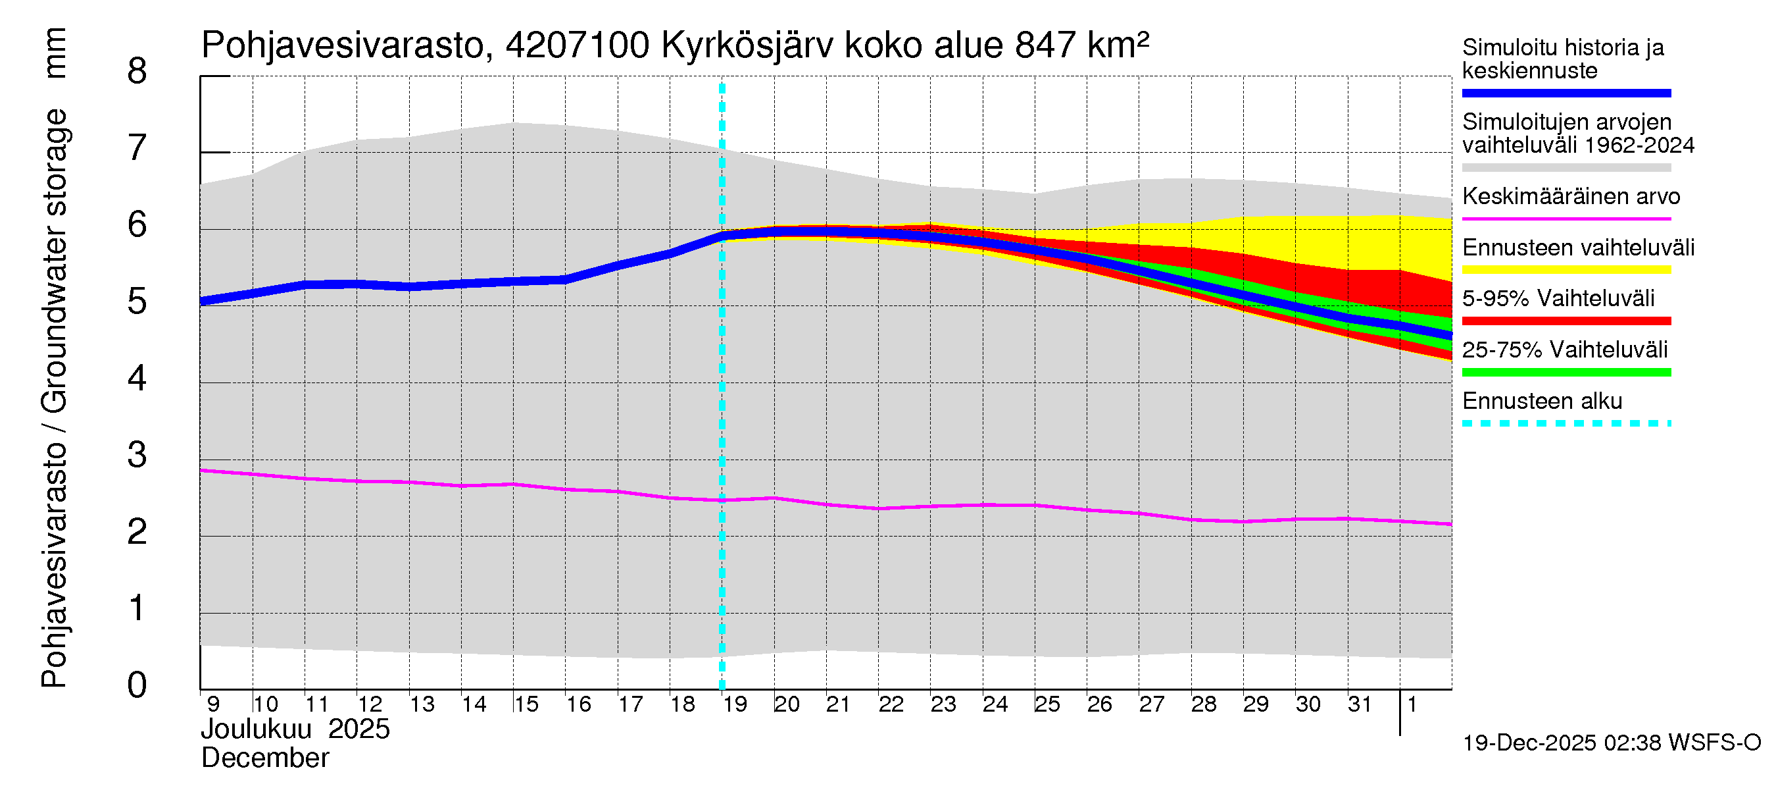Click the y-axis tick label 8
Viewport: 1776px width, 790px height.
click(137, 72)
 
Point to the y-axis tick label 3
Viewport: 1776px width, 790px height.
click(137, 456)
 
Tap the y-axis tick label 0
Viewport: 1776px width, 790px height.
click(137, 686)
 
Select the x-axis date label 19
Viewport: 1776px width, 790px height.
click(735, 704)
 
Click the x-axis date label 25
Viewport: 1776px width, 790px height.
click(1047, 704)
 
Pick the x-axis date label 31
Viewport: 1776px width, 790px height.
click(1360, 704)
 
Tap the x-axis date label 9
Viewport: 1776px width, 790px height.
click(213, 704)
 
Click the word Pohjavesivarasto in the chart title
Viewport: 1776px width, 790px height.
click(343, 46)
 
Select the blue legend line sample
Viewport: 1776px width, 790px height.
click(1566, 93)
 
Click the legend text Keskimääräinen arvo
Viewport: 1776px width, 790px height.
click(1571, 197)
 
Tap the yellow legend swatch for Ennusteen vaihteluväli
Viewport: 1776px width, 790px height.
click(1566, 270)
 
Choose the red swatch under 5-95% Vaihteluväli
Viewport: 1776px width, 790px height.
click(1566, 321)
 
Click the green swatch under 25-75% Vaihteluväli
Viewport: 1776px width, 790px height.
click(1566, 373)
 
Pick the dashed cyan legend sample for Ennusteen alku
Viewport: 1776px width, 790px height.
click(1566, 423)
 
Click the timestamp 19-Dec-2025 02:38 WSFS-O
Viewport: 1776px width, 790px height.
click(1611, 743)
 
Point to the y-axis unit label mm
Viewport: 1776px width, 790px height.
click(55, 53)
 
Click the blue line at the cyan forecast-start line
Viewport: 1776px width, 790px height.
click(722, 236)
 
